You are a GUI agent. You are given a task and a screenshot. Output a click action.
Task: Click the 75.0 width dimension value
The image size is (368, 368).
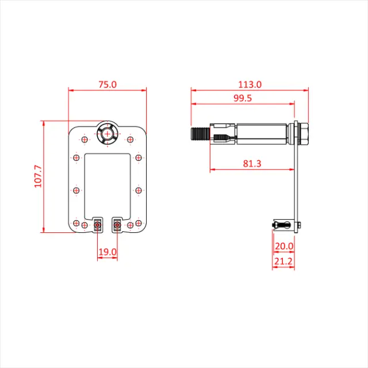[x=107, y=84]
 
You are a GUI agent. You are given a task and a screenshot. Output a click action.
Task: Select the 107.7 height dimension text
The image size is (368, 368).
[x=39, y=177]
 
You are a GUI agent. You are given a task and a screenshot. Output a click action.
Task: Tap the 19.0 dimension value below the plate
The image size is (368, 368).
[x=107, y=251]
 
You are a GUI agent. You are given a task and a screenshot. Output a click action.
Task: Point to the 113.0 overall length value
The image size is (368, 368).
[x=250, y=84]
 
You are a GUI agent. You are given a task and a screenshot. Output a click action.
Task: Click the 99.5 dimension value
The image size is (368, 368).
[x=242, y=98]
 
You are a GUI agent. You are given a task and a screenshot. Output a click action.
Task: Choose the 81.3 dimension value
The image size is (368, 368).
[x=252, y=163]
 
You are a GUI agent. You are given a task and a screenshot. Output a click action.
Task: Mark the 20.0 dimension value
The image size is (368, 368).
[x=284, y=246]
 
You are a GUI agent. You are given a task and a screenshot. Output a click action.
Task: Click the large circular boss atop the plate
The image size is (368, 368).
[x=107, y=134]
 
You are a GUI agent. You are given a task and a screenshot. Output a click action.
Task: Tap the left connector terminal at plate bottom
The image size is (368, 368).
[x=97, y=225]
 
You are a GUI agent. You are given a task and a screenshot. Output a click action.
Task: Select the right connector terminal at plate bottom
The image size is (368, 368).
[x=117, y=225]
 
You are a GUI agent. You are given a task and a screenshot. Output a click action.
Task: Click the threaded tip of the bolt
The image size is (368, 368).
[x=198, y=135]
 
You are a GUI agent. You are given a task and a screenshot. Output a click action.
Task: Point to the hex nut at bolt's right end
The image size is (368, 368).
[x=303, y=135]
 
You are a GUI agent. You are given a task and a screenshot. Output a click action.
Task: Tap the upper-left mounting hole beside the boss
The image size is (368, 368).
[x=84, y=139]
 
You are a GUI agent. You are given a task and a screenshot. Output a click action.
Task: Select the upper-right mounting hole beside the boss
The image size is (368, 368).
[x=130, y=139]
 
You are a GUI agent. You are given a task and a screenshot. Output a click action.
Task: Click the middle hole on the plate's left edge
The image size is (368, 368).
[x=75, y=190]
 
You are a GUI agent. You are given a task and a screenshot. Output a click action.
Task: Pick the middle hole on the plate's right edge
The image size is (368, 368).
[x=139, y=190]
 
